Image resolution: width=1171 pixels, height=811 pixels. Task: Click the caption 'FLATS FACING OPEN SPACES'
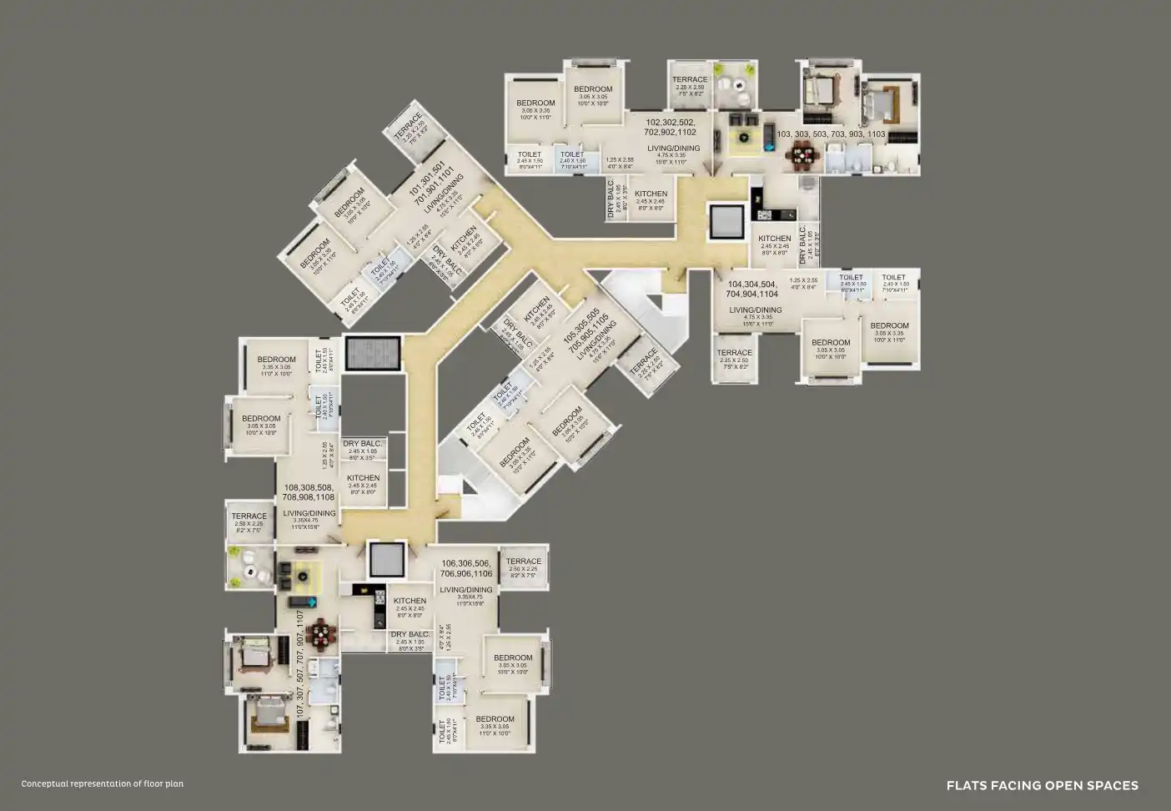point(1042,785)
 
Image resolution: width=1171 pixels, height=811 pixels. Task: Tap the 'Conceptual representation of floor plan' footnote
point(103,783)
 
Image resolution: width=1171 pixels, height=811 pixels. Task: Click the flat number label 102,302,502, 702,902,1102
point(670,127)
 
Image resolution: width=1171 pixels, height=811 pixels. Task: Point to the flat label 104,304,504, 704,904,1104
point(752,289)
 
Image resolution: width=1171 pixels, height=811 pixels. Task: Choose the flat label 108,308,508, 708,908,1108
point(309,491)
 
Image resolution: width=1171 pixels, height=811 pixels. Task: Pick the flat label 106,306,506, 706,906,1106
point(466,569)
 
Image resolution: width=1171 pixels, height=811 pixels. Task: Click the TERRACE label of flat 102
point(690,80)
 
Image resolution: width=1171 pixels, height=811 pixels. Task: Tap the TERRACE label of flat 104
point(734,353)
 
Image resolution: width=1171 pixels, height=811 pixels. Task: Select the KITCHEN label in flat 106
point(410,601)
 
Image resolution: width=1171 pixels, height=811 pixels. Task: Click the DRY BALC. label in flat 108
point(363,444)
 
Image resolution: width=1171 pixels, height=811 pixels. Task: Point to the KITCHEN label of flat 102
point(651,194)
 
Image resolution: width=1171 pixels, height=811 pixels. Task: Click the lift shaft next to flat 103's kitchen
point(726,220)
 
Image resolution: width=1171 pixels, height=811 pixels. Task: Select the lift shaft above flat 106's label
point(386,559)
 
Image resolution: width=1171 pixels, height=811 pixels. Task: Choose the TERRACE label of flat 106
point(524,562)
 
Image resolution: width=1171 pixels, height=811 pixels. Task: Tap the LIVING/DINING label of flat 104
point(755,310)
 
